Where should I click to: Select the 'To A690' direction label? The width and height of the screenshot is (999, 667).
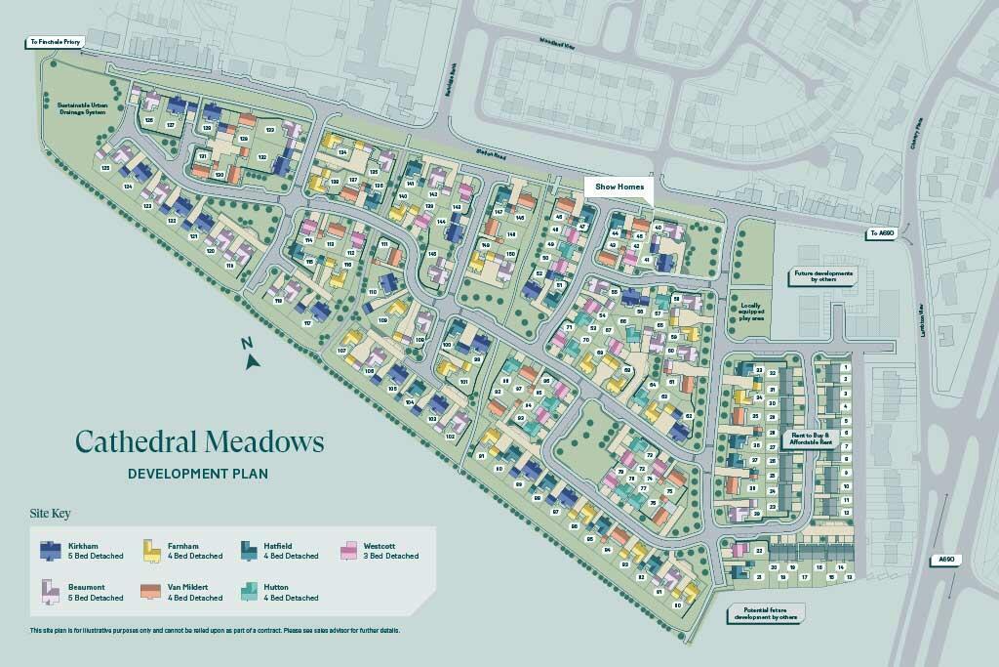click(883, 233)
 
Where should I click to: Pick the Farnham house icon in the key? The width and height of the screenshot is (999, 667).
click(152, 551)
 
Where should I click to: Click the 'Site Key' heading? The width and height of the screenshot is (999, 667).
click(50, 513)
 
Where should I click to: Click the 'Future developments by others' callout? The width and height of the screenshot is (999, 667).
click(825, 275)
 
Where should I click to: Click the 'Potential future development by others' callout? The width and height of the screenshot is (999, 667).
click(763, 613)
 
